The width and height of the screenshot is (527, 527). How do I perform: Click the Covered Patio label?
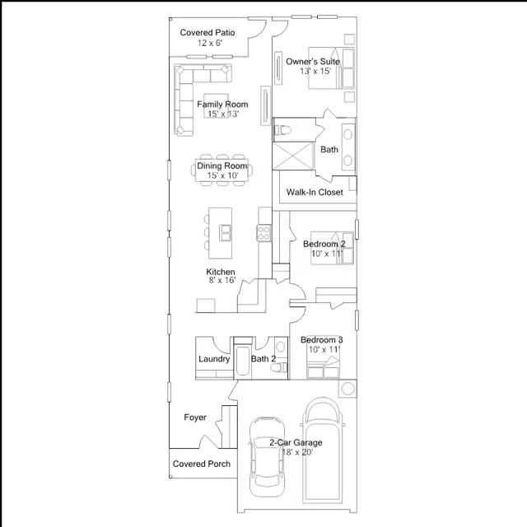click(x=208, y=33)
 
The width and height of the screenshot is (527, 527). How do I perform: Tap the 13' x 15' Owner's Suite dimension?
click(x=315, y=72)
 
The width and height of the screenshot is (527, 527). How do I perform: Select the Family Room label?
click(x=222, y=105)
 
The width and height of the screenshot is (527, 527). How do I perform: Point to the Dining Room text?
click(x=222, y=166)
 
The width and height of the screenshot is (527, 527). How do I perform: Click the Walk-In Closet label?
click(x=315, y=192)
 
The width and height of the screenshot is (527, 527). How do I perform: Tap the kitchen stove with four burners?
click(x=263, y=233)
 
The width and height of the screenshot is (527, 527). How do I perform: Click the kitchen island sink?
click(x=225, y=232)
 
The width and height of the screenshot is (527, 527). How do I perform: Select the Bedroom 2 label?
click(x=324, y=244)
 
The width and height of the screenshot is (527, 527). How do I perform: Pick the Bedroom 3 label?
click(x=322, y=340)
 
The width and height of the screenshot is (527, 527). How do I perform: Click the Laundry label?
click(x=214, y=359)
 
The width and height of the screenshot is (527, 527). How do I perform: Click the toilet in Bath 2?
click(x=279, y=368)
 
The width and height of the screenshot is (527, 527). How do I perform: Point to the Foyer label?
click(x=195, y=417)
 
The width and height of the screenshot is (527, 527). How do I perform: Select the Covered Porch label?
click(x=202, y=464)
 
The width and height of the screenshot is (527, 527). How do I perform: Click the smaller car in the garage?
click(x=267, y=457)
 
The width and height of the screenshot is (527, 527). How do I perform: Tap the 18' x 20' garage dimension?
click(x=297, y=452)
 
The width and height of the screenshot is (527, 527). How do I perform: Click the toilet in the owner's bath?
click(x=282, y=130)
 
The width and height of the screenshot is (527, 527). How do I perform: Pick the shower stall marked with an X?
click(x=293, y=156)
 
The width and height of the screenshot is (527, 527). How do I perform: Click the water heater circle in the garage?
click(x=347, y=389)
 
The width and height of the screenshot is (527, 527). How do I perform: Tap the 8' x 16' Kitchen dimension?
click(x=222, y=280)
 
